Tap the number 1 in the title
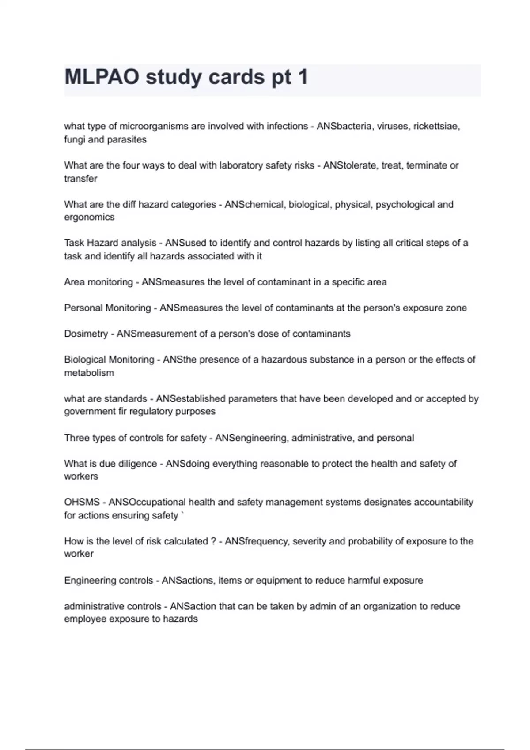[x=303, y=77]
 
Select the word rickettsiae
[x=436, y=126]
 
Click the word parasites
[x=125, y=139]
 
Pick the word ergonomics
[x=89, y=217]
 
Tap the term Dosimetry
[x=86, y=334]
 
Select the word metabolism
[x=89, y=373]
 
